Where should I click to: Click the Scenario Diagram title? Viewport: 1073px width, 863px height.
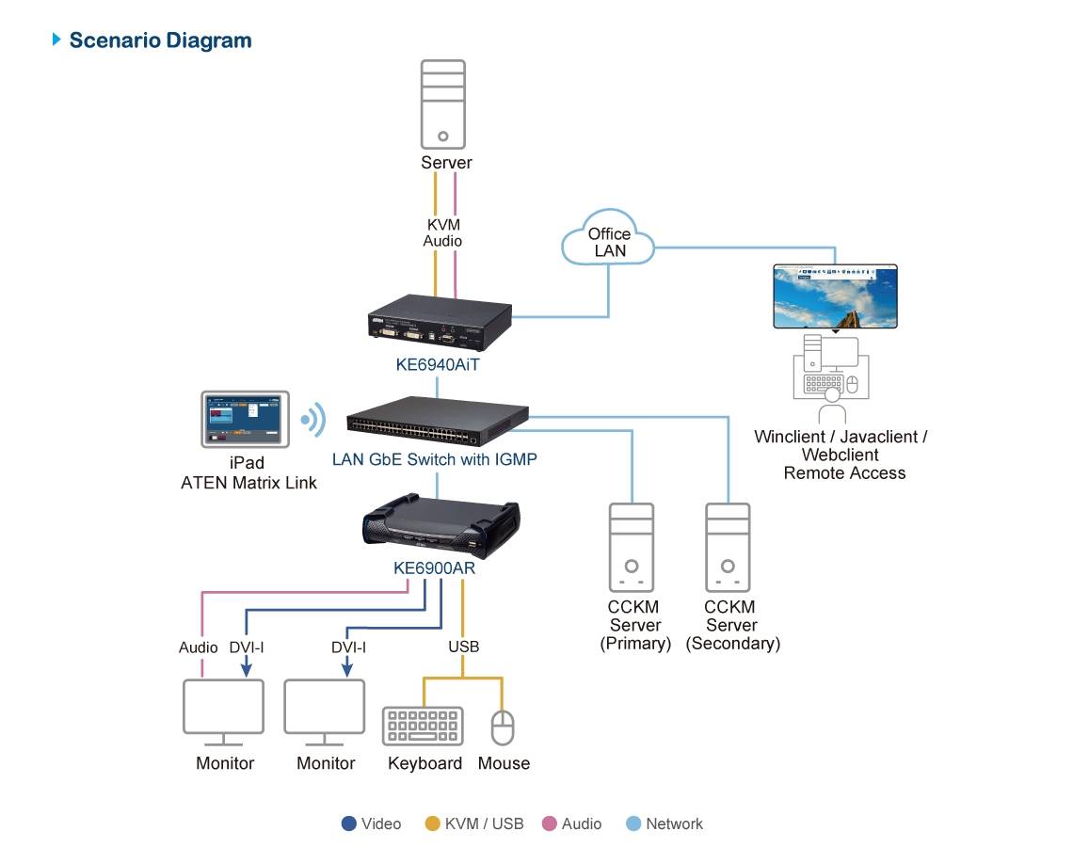coord(159,40)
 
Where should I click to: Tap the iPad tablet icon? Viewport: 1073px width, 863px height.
coord(244,420)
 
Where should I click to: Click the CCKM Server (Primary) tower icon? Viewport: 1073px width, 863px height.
coord(632,547)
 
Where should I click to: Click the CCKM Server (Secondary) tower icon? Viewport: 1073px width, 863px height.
coord(728,547)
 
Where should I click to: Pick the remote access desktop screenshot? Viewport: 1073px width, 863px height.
coord(835,296)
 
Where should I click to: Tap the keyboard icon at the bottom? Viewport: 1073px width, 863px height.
coord(423,727)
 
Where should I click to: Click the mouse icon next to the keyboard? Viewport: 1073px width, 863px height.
coord(504,727)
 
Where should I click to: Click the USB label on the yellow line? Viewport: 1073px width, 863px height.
coord(463,647)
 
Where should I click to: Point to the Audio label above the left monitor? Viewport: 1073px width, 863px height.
coord(199,647)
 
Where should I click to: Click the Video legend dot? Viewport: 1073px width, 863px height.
coord(349,823)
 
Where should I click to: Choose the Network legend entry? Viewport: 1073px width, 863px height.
coord(665,823)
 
